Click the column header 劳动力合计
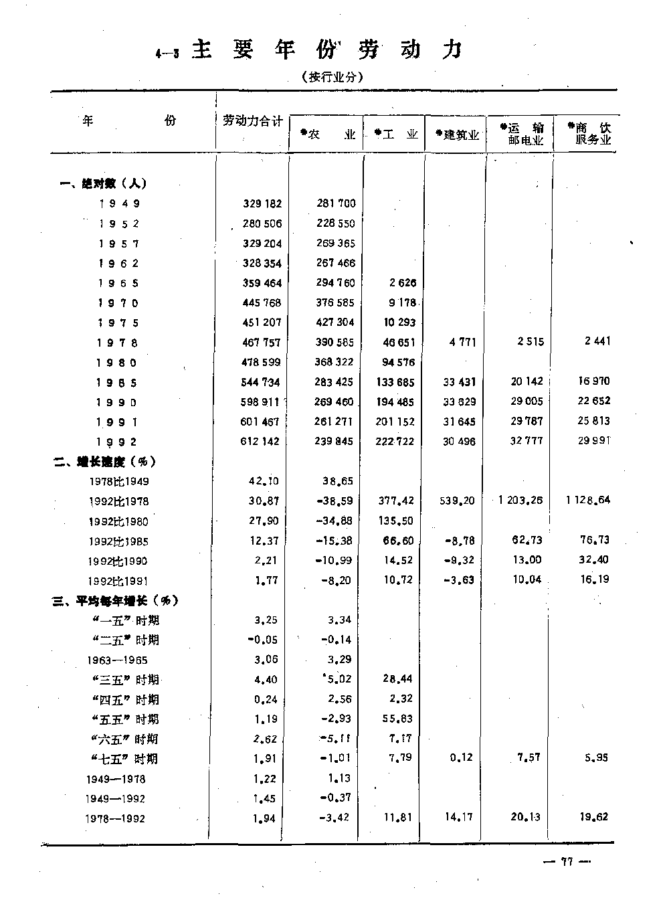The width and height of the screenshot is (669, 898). pyautogui.click(x=252, y=120)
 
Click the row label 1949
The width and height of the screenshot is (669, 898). pyautogui.click(x=120, y=203)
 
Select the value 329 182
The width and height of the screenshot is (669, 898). pyautogui.click(x=262, y=203)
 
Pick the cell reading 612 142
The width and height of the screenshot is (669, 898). pyautogui.click(x=262, y=442)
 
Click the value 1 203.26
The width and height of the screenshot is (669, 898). pyautogui.click(x=521, y=501)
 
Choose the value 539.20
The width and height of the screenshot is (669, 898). pyautogui.click(x=458, y=501)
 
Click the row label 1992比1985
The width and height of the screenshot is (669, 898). pyautogui.click(x=118, y=541)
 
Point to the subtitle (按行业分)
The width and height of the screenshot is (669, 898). pyautogui.click(x=332, y=77)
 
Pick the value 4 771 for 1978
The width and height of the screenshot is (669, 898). pyautogui.click(x=462, y=343)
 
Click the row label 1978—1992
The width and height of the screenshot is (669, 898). pyautogui.click(x=114, y=818)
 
